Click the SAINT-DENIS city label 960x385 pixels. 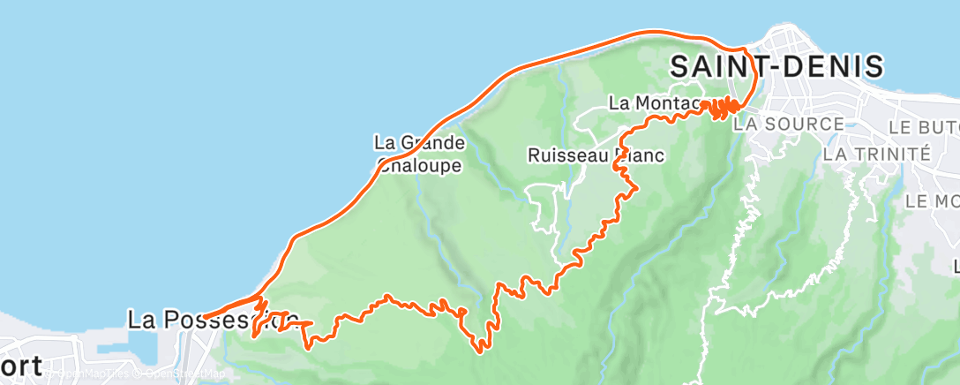pyautogui.click(x=776, y=66)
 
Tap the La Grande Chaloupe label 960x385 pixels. pyautogui.click(x=420, y=153)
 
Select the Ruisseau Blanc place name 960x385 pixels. pyautogui.click(x=596, y=155)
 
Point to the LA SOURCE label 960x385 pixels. pyautogui.click(x=788, y=124)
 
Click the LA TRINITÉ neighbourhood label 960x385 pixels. pyautogui.click(x=875, y=154)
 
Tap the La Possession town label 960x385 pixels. pyautogui.click(x=213, y=319)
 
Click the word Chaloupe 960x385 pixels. pyautogui.click(x=420, y=165)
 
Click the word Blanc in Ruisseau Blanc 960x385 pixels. pyautogui.click(x=638, y=155)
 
